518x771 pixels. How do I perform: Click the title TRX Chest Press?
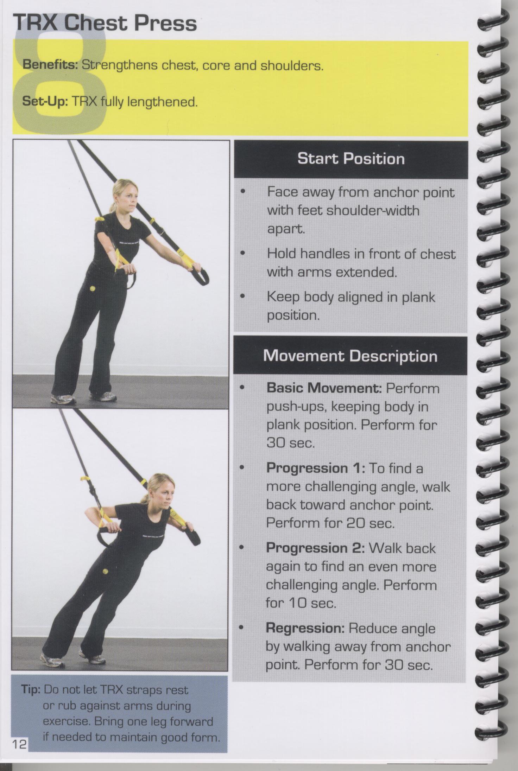105,24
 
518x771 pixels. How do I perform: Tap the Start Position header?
351,159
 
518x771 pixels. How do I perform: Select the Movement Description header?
350,356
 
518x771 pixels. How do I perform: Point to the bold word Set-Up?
45,102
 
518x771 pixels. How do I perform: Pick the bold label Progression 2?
315,548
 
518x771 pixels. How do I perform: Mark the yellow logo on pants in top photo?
93,289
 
